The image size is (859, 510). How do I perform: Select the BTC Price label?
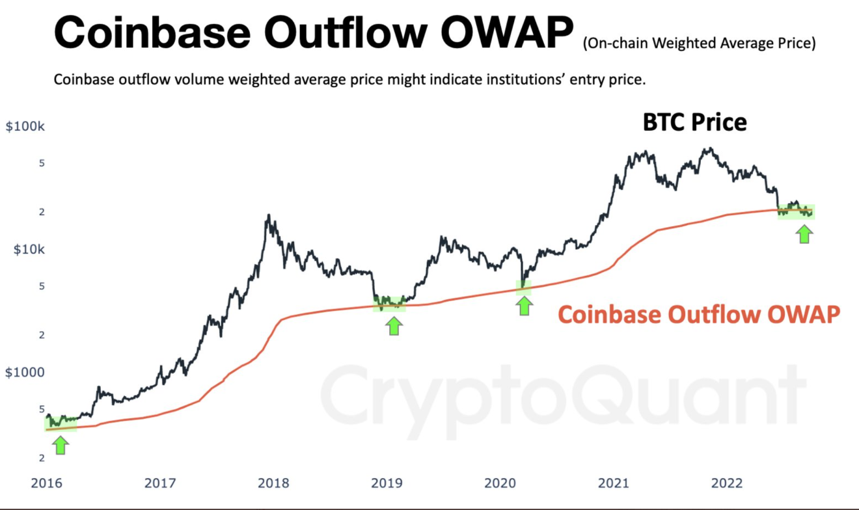point(695,122)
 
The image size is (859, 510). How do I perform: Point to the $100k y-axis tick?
point(25,126)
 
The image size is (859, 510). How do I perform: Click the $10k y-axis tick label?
point(29,249)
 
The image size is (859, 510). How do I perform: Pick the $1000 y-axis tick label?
point(25,372)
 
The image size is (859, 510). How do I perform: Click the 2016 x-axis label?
point(47,483)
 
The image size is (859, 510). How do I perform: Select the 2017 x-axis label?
point(160,483)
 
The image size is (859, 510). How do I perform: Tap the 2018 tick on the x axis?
point(273,483)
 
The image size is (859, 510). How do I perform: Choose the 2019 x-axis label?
point(387,483)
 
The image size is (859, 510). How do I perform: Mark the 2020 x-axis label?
point(500,483)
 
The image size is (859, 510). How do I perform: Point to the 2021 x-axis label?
point(613,483)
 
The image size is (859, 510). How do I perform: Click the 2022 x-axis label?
point(726,483)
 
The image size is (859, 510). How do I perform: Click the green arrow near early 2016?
point(61,445)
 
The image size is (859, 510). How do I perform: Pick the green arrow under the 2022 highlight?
point(805,234)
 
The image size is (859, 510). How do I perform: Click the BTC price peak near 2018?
point(267,215)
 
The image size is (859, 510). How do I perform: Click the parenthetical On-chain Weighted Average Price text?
point(699,44)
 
